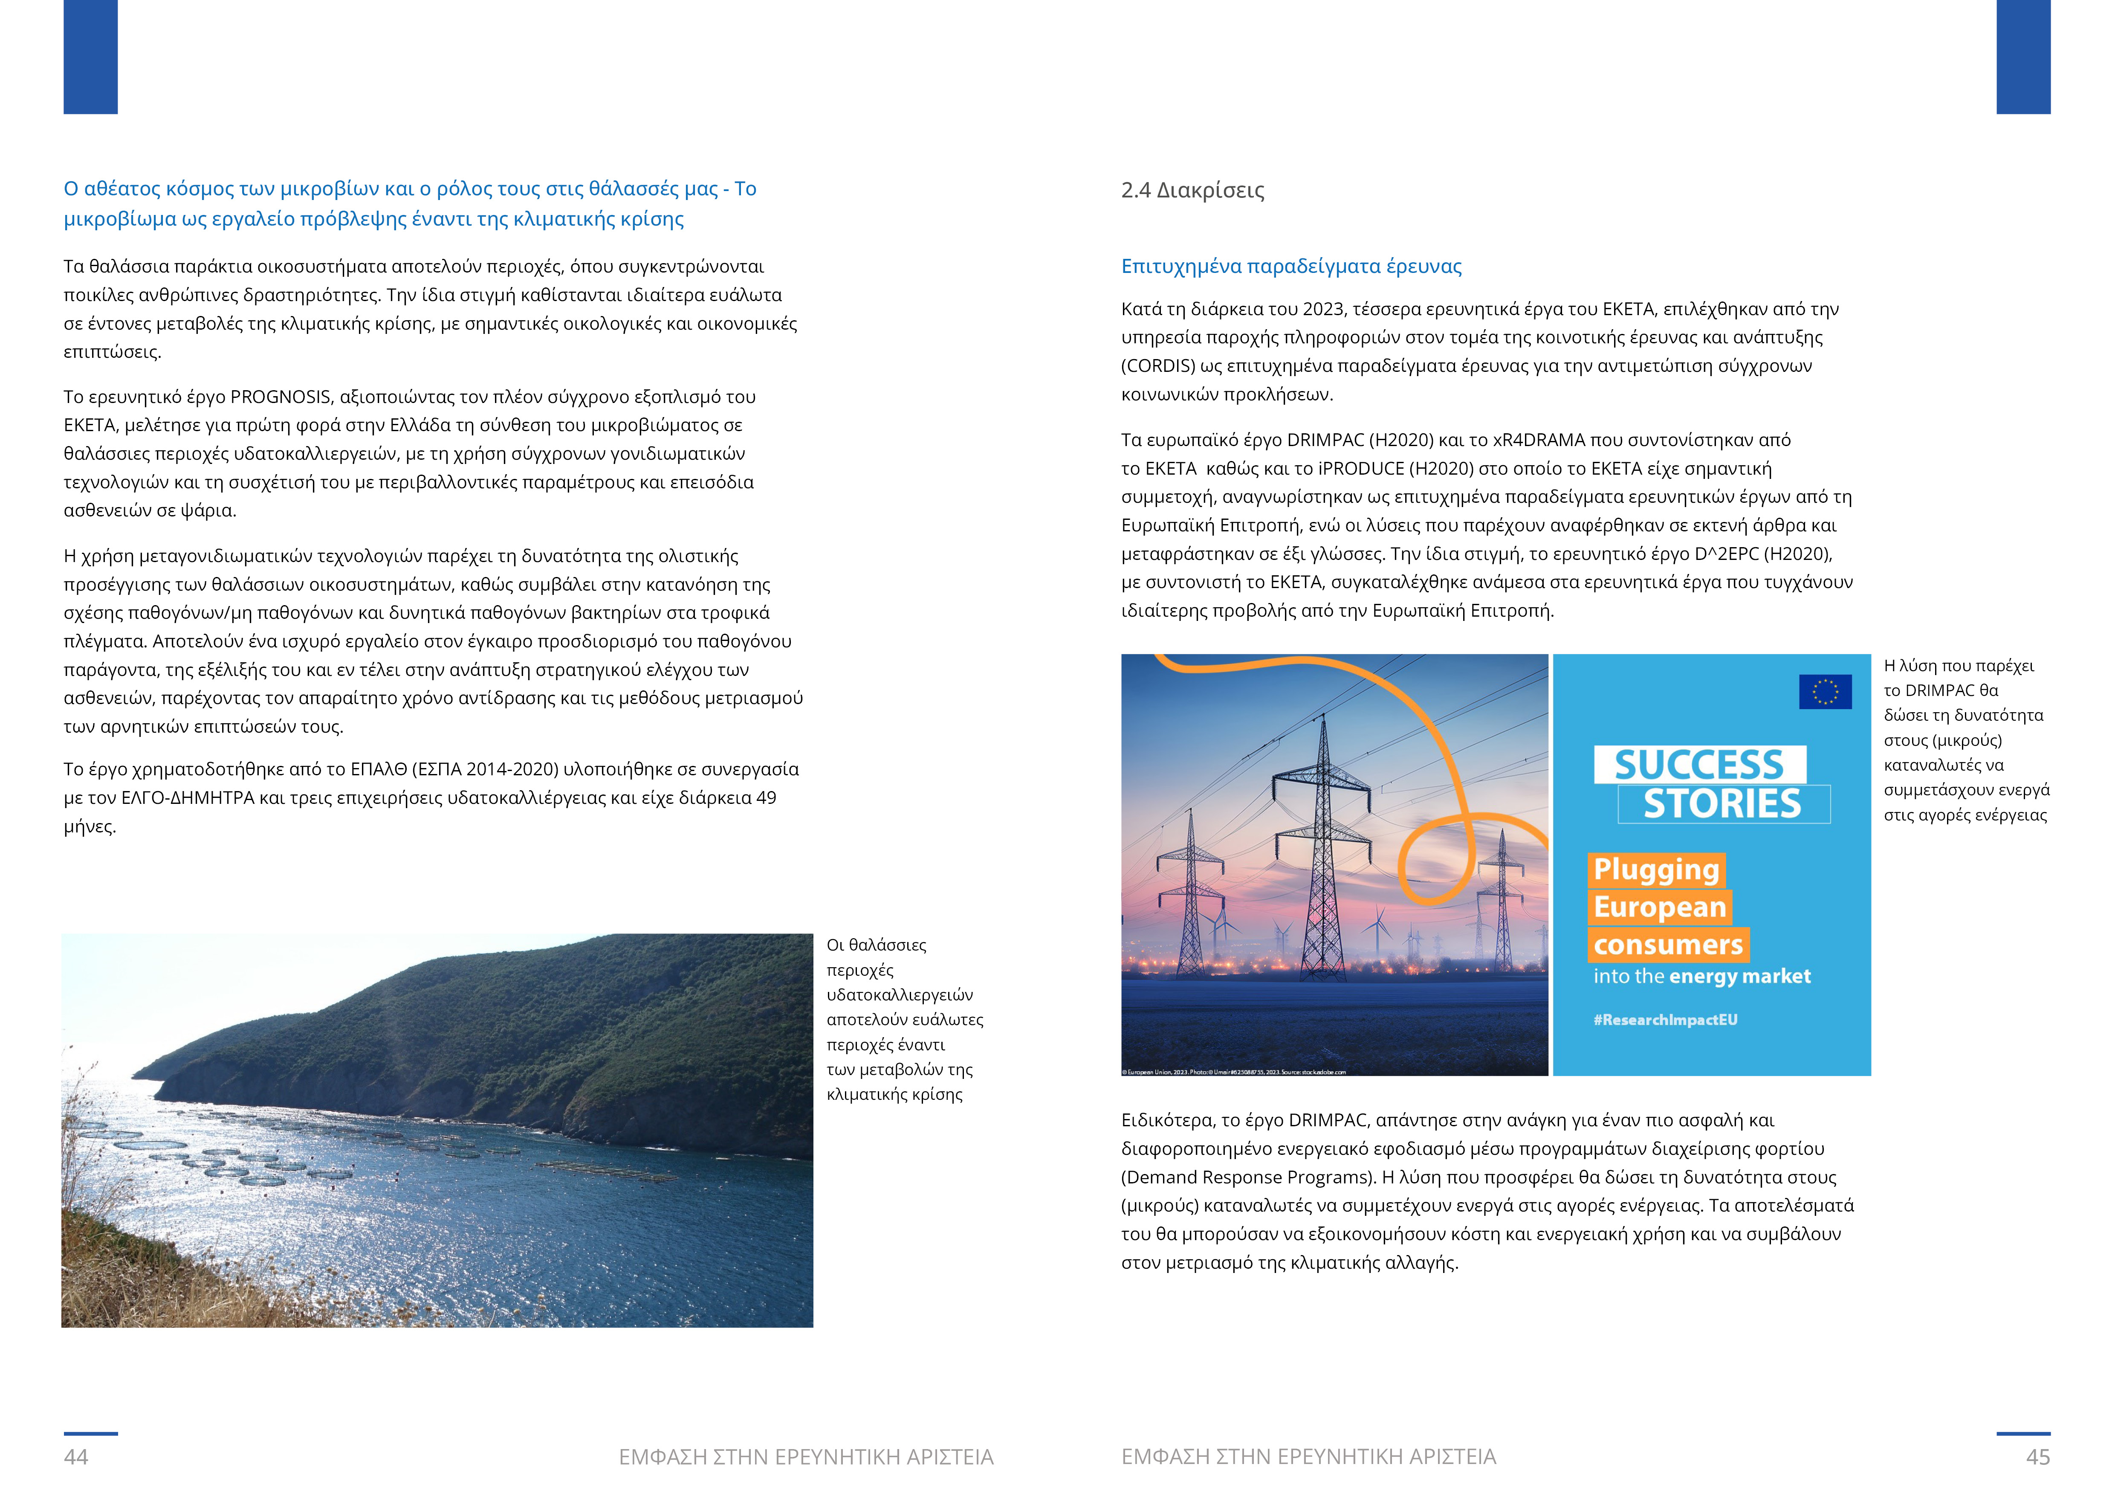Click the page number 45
tap(2038, 1456)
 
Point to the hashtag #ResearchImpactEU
tap(1666, 1020)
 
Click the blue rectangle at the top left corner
tap(90, 57)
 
